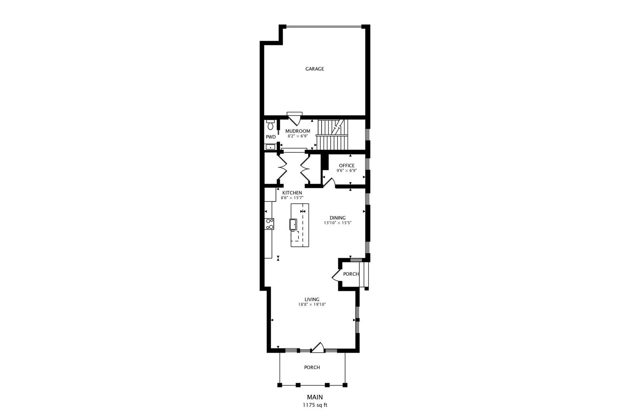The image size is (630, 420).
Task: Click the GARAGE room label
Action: [315, 69]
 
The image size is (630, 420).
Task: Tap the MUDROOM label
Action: [297, 131]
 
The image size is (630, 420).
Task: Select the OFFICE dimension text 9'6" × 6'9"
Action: [346, 170]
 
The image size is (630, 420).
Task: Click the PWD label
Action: [271, 137]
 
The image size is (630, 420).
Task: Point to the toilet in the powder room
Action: [270, 124]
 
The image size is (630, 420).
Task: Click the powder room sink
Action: [270, 147]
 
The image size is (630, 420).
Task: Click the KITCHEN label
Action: [292, 193]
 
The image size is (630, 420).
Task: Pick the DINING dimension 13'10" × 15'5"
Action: [338, 223]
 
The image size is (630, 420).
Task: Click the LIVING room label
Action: [311, 299]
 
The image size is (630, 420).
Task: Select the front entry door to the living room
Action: [318, 347]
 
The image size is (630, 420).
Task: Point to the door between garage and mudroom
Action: [294, 119]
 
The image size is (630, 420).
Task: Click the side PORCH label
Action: [351, 274]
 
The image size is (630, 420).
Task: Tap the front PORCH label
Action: [312, 367]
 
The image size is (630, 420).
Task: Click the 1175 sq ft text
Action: [315, 405]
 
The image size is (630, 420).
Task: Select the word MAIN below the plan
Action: [315, 397]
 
